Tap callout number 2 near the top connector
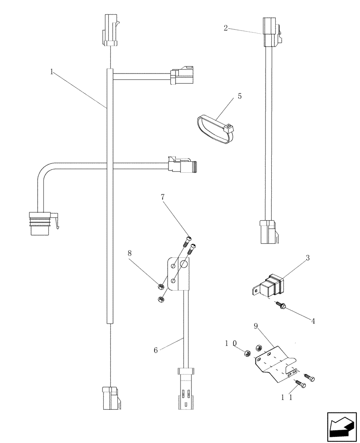(x=226, y=28)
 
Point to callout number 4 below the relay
(x=313, y=321)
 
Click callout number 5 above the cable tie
(x=239, y=96)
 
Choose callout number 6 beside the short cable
(x=156, y=350)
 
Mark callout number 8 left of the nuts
(x=130, y=253)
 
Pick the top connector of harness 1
(x=110, y=31)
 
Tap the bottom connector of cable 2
(x=269, y=232)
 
